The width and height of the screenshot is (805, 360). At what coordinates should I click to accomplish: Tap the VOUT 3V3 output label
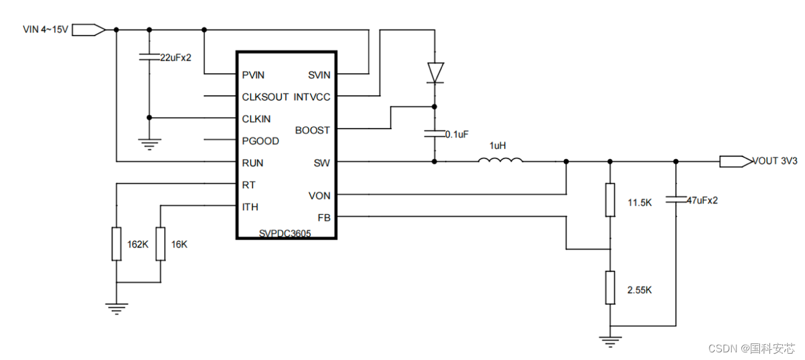point(774,161)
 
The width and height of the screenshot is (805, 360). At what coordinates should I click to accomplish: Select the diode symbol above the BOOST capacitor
point(435,73)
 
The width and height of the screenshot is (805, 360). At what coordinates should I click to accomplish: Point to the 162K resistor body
point(116,244)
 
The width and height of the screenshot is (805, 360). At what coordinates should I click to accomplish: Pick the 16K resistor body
point(160,244)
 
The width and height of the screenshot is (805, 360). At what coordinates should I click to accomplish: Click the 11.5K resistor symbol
point(610,200)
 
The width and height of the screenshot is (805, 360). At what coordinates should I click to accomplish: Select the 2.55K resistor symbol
point(610,287)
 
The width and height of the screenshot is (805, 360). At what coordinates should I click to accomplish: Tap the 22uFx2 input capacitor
point(149,58)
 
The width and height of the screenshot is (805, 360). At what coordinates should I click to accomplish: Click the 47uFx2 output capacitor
point(676,200)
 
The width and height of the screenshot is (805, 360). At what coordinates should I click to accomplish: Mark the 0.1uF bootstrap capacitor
point(435,134)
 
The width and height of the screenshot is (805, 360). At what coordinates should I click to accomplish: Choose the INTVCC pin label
point(312,97)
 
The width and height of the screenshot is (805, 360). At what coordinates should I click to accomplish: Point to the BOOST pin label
point(313,130)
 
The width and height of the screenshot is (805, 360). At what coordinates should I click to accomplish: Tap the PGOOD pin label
point(259,141)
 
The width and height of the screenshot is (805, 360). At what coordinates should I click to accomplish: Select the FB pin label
point(324,218)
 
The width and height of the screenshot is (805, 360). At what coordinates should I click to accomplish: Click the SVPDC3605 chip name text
point(285,233)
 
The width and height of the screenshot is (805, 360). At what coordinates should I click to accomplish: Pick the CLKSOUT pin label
point(265,97)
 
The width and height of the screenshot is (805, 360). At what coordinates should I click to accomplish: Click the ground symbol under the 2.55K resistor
point(610,342)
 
